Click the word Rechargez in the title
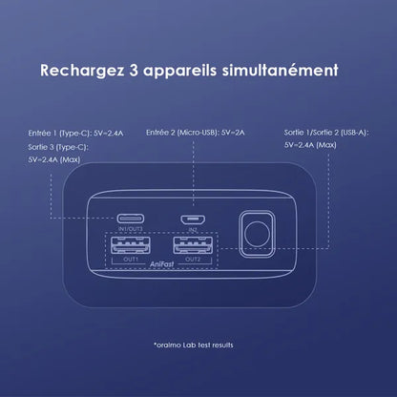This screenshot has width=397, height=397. [x=82, y=71]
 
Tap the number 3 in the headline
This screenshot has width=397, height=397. [x=134, y=71]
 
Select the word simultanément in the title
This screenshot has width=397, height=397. [x=280, y=71]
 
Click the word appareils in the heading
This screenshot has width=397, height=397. [x=180, y=71]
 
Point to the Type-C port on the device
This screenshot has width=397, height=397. [x=131, y=219]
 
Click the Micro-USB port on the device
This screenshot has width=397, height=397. [x=193, y=219]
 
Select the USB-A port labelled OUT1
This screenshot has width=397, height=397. [x=131, y=245]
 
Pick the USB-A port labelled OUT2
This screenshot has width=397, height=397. [x=193, y=245]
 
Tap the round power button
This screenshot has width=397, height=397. [x=257, y=234]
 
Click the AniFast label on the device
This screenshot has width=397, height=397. [x=162, y=264]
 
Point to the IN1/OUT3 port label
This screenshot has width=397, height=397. [x=131, y=229]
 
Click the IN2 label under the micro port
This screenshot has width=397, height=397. [x=193, y=229]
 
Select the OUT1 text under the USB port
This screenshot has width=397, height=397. [x=131, y=260]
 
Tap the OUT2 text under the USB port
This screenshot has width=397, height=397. [x=193, y=260]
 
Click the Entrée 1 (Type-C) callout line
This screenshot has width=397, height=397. [x=75, y=133]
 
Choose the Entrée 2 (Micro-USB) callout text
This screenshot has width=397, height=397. [x=196, y=133]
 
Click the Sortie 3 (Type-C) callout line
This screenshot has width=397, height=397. [x=58, y=147]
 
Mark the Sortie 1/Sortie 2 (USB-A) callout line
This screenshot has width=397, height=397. [x=326, y=133]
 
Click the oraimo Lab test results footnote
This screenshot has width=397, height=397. [x=194, y=345]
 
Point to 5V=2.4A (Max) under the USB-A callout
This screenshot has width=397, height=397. [x=310, y=145]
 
